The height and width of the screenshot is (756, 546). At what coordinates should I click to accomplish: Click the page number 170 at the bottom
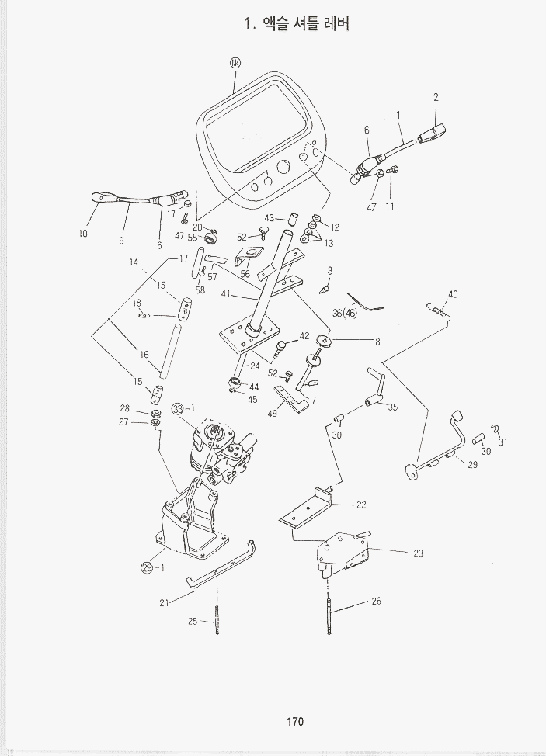click(x=294, y=722)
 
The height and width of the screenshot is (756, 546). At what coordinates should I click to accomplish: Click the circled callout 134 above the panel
click(x=236, y=64)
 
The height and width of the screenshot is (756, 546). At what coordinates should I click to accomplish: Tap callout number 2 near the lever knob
click(x=436, y=98)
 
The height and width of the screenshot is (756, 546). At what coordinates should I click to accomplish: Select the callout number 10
click(x=83, y=233)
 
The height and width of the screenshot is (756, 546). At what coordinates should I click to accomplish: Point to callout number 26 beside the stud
click(x=376, y=601)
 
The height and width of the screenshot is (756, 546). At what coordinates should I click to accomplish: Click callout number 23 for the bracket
click(x=419, y=553)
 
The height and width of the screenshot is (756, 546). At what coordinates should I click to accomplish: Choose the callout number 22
click(x=361, y=505)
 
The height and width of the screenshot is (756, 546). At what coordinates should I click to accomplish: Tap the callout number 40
click(x=453, y=293)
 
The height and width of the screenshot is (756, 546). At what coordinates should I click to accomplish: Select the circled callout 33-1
click(x=181, y=408)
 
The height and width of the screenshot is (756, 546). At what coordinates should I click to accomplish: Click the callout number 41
click(x=226, y=293)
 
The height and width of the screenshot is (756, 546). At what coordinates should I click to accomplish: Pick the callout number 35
click(x=392, y=407)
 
